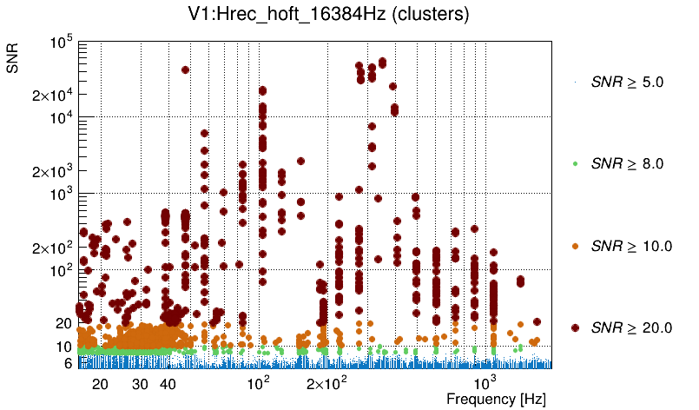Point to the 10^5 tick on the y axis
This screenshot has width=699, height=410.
point(62,42)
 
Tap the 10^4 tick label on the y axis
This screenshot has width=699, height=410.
point(62,118)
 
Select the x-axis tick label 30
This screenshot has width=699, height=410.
point(140,384)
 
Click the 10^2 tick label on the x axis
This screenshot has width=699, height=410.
point(259,382)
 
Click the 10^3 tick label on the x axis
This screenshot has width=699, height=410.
point(484,382)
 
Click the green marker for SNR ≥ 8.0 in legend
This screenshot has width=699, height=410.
point(575,163)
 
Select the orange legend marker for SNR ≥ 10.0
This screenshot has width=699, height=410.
point(575,246)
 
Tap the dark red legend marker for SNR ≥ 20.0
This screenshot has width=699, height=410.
point(575,327)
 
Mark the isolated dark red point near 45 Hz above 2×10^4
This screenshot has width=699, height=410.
point(185,69)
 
